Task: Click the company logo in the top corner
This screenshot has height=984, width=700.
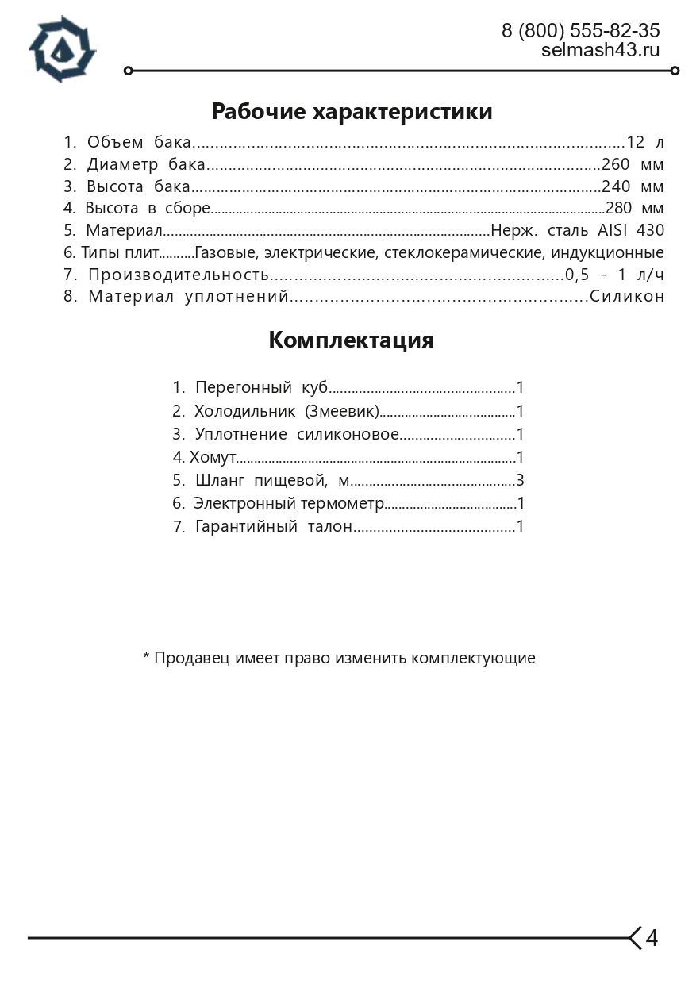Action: [x=62, y=49]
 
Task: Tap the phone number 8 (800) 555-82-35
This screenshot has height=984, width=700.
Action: [x=580, y=31]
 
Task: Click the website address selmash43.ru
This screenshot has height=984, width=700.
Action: [x=600, y=50]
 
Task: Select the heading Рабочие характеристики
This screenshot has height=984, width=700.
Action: [x=352, y=112]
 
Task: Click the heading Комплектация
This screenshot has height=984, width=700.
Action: [x=351, y=340]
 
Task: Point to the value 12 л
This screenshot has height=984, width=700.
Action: [x=644, y=143]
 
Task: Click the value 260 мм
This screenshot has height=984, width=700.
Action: [x=632, y=165]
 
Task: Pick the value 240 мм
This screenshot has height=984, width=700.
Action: [x=632, y=187]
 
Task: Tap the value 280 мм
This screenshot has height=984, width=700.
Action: [x=633, y=209]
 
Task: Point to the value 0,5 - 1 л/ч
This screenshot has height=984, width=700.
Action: [x=613, y=275]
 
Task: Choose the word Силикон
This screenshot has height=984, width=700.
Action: [x=626, y=297]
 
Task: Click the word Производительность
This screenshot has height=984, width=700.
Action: [x=179, y=275]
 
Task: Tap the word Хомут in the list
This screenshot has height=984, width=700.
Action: [x=213, y=457]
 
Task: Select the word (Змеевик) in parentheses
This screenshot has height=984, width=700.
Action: [x=342, y=411]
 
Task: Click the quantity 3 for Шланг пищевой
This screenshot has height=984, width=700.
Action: [x=520, y=480]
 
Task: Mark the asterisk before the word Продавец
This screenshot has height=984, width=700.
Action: [x=146, y=657]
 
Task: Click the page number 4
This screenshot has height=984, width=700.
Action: [x=652, y=938]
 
